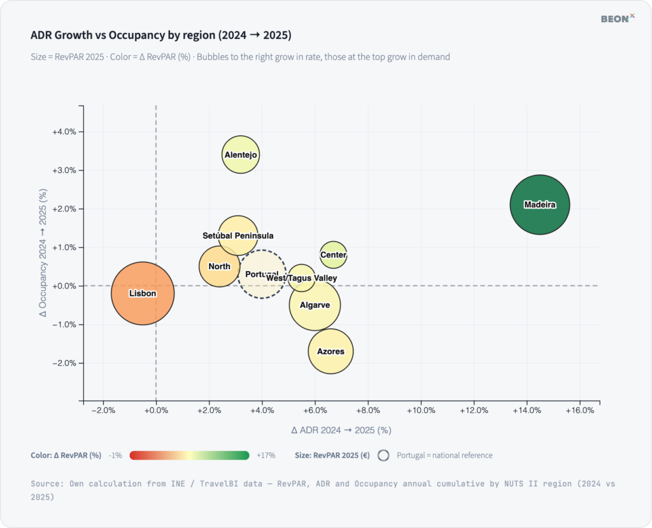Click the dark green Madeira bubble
[x=539, y=205]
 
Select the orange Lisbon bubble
[x=143, y=293]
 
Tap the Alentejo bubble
[x=241, y=155]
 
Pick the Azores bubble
[x=330, y=351]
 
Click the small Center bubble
[x=333, y=255]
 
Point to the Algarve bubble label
[x=315, y=305]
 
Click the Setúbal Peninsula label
[x=238, y=235]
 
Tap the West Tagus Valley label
[x=302, y=278]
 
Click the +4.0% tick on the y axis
[x=64, y=132]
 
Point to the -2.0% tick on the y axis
[x=64, y=363]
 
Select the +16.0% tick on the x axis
[x=580, y=410]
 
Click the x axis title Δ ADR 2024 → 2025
[x=341, y=430]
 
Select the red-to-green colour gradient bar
[x=189, y=455]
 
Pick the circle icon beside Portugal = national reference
[x=384, y=455]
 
